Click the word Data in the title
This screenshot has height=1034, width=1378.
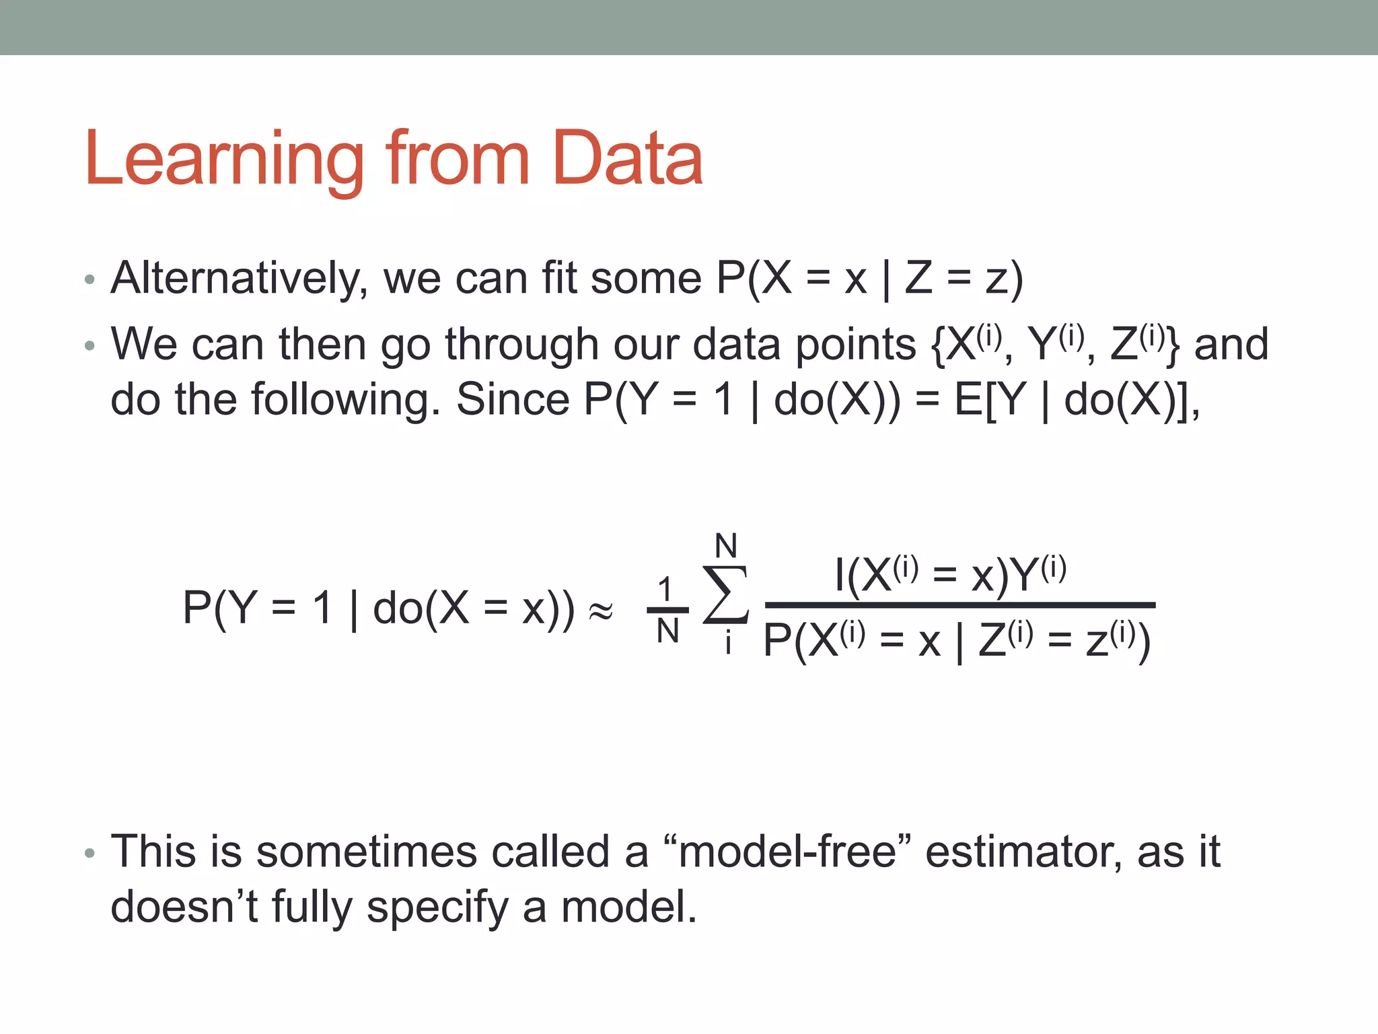pos(627,159)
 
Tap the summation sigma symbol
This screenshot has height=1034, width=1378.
pos(725,595)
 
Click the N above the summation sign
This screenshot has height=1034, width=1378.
pos(726,546)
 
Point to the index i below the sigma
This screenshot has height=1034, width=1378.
pos(728,644)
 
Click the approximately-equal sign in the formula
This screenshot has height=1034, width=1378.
pos(601,611)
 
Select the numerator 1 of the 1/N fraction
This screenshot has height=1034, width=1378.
pos(665,590)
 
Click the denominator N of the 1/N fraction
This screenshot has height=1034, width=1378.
pos(667,631)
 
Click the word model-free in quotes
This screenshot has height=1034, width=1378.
pos(787,852)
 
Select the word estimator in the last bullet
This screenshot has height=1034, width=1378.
pos(1023,852)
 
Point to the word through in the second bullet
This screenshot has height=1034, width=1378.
pos(522,345)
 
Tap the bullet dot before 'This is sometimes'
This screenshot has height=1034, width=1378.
pos(90,854)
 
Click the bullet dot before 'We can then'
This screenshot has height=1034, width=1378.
pos(90,347)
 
